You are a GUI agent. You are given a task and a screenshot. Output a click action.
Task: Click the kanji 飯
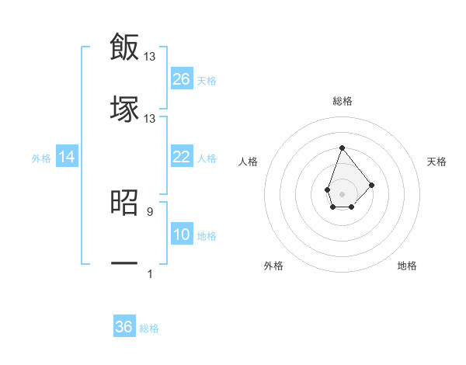pos(124,47)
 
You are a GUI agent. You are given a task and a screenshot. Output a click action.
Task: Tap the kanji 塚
pos(124,109)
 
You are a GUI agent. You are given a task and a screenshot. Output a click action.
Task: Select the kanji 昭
pos(124,202)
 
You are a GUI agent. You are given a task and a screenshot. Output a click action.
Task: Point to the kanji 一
pos(124,264)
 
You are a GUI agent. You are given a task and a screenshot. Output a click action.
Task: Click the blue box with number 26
pos(182,78)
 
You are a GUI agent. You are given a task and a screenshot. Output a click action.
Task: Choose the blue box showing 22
pos(182,157)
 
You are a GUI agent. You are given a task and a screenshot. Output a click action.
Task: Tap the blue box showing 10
pos(182,235)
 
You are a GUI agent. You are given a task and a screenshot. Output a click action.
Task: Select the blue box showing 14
pos(67,157)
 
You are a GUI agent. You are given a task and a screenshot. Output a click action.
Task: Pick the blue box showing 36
pos(124,327)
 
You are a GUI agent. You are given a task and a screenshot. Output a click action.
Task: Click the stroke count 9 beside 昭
pos(150,210)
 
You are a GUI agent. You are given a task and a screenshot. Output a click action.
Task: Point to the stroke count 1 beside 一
pos(150,273)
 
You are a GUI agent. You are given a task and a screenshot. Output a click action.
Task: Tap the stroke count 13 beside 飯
pos(150,56)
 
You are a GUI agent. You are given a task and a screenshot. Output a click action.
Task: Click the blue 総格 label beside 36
pos(149,328)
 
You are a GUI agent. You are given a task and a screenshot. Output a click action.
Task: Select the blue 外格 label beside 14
pos(41,158)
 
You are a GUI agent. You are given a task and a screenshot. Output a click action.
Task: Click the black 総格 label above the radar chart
pos(343,101)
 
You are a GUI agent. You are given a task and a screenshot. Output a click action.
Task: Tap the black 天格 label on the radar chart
pos(437,162)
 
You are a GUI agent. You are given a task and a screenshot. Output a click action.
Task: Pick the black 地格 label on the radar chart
pos(407,266)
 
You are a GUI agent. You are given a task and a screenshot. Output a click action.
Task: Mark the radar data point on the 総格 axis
pos(342,148)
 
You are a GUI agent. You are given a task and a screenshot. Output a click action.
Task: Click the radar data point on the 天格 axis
pos(372,184)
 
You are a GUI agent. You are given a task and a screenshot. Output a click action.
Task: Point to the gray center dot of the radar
pos(342,193)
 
